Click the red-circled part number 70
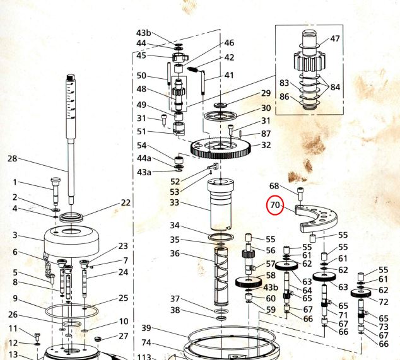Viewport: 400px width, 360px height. pyautogui.click(x=275, y=205)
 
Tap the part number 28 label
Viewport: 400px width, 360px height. pyautogui.click(x=12, y=159)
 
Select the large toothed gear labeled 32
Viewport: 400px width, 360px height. pyautogui.click(x=221, y=148)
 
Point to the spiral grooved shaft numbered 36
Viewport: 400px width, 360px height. pyautogui.click(x=221, y=276)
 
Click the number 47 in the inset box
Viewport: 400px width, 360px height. pyautogui.click(x=335, y=38)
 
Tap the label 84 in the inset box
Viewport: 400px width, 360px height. pyautogui.click(x=335, y=87)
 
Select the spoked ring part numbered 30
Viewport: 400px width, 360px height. pyautogui.click(x=221, y=115)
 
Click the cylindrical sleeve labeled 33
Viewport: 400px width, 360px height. pyautogui.click(x=220, y=204)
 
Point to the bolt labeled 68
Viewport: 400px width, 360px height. pyautogui.click(x=300, y=194)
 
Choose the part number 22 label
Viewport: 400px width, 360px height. pyautogui.click(x=126, y=202)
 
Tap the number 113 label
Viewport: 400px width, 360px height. pyautogui.click(x=144, y=357)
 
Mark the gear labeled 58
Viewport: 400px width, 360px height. pyautogui.click(x=249, y=282)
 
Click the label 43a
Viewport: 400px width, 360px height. pyautogui.click(x=144, y=172)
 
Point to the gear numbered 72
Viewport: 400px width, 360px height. pyautogui.click(x=361, y=293)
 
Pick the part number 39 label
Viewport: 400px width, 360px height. pyautogui.click(x=146, y=328)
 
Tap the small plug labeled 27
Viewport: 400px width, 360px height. pyautogui.click(x=98, y=339)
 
